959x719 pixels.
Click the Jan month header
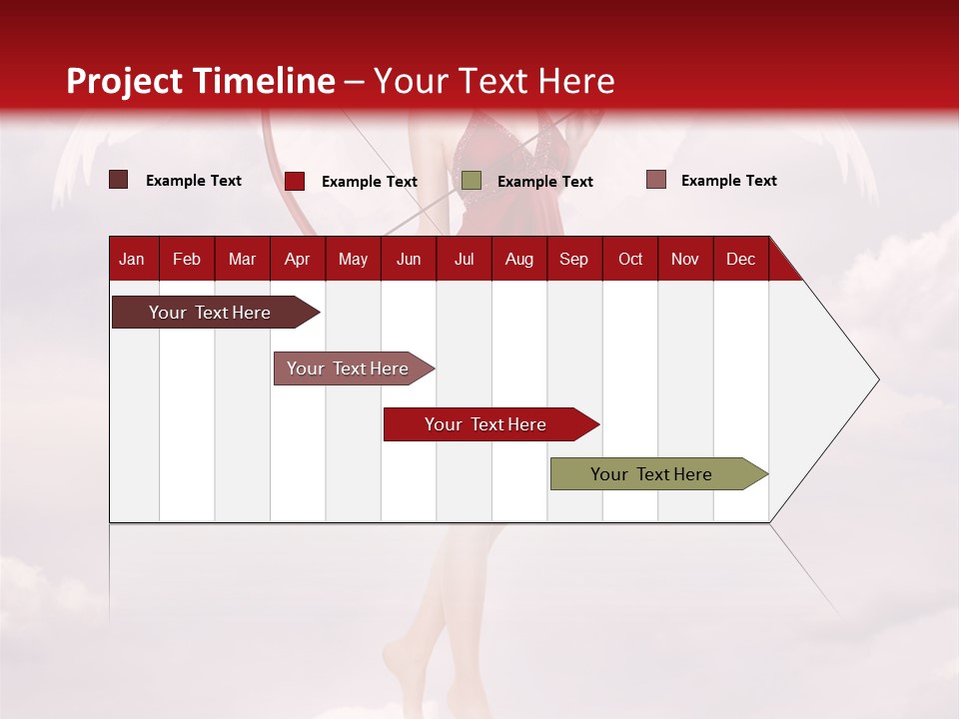pos(132,259)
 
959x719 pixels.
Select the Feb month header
pos(187,259)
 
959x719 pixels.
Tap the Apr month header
pos(297,259)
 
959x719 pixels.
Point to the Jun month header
pos(409,259)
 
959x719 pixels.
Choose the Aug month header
pos(518,259)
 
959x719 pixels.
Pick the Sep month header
pos(573,259)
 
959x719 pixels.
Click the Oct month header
pos(630,259)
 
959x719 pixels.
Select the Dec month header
pos(740,259)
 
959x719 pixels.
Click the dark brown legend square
pos(119,180)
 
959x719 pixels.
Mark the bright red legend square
pos(295,181)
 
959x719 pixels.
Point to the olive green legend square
pos(472,180)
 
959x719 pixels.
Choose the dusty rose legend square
pos(655,180)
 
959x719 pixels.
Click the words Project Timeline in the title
pos(201,81)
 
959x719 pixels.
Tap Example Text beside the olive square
pos(544,182)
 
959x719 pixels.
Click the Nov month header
pos(685,259)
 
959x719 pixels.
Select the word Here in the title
pos(576,81)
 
